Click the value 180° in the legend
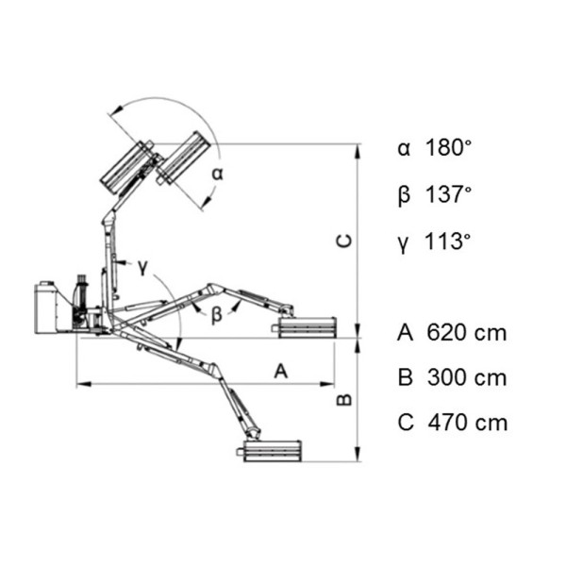pyautogui.click(x=449, y=148)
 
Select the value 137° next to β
pyautogui.click(x=449, y=194)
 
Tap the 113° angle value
pyautogui.click(x=448, y=241)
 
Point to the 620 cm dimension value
pyautogui.click(x=467, y=332)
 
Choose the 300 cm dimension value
pyautogui.click(x=467, y=377)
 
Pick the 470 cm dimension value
pyautogui.click(x=468, y=423)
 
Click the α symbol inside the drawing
pyautogui.click(x=217, y=174)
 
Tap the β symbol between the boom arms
pyautogui.click(x=216, y=315)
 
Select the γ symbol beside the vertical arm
pyautogui.click(x=143, y=267)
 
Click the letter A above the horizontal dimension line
pyautogui.click(x=281, y=371)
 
